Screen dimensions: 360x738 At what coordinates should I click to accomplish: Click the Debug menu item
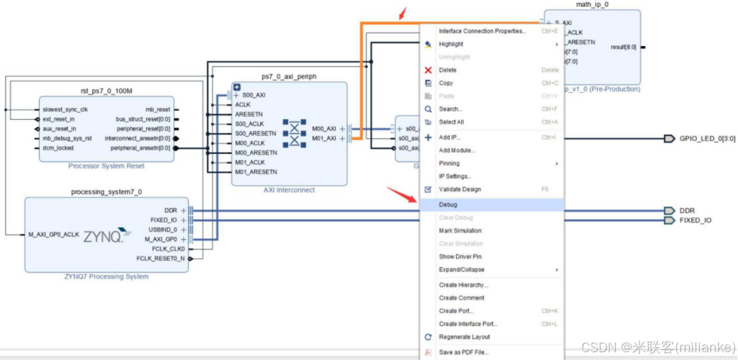point(448,204)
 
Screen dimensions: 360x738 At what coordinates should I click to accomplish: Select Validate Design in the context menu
point(460,190)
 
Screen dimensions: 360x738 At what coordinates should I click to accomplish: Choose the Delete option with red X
point(448,70)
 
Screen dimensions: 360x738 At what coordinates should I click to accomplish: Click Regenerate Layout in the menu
point(464,337)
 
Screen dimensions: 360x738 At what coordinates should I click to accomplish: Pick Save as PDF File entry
point(463,352)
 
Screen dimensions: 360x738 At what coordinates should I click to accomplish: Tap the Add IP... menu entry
point(450,137)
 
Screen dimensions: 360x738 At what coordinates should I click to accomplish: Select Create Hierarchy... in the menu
point(463,285)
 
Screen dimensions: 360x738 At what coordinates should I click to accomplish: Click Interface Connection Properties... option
point(483,31)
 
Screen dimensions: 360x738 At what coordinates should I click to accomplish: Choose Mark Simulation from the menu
point(460,231)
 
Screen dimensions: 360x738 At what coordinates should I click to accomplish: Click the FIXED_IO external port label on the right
point(695,220)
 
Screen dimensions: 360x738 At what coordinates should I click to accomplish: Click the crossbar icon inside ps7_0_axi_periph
point(294,133)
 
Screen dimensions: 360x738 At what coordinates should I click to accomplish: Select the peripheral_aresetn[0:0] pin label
point(140,148)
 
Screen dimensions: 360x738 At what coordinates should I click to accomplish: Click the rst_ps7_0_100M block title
point(106,91)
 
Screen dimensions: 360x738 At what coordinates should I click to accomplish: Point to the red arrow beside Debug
point(400,193)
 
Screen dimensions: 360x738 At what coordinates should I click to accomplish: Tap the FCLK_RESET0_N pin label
point(160,258)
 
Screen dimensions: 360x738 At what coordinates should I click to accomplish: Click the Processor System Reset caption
point(106,166)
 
